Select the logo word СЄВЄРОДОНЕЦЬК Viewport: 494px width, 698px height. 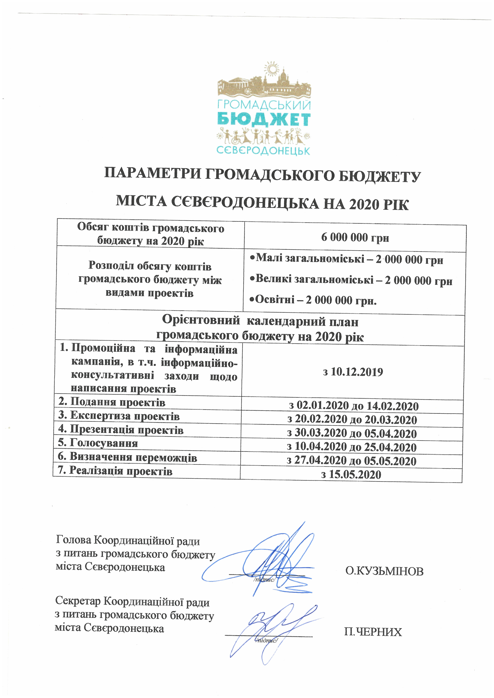click(x=263, y=150)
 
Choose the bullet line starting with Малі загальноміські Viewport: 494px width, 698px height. click(x=346, y=259)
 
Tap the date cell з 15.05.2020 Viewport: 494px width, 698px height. click(x=351, y=474)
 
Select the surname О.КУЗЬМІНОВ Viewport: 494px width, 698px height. click(x=384, y=572)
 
